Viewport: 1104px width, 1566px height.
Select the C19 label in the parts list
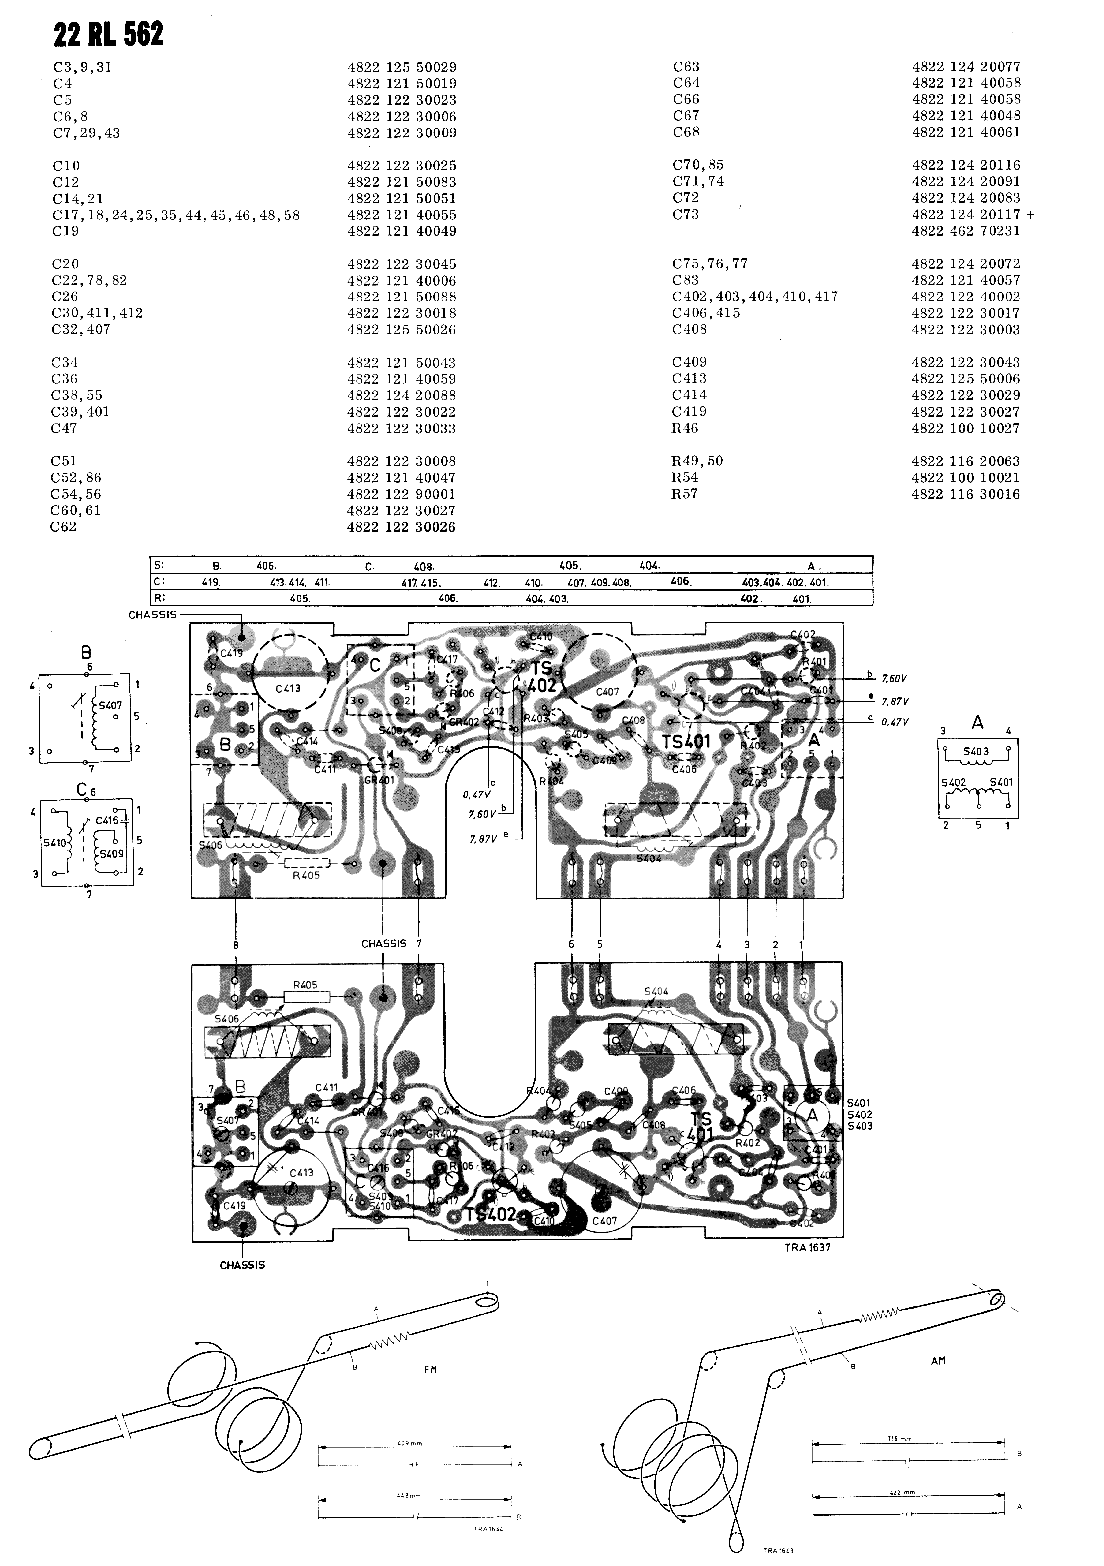pyautogui.click(x=66, y=231)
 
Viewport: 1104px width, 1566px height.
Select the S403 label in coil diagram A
pyautogui.click(x=976, y=752)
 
